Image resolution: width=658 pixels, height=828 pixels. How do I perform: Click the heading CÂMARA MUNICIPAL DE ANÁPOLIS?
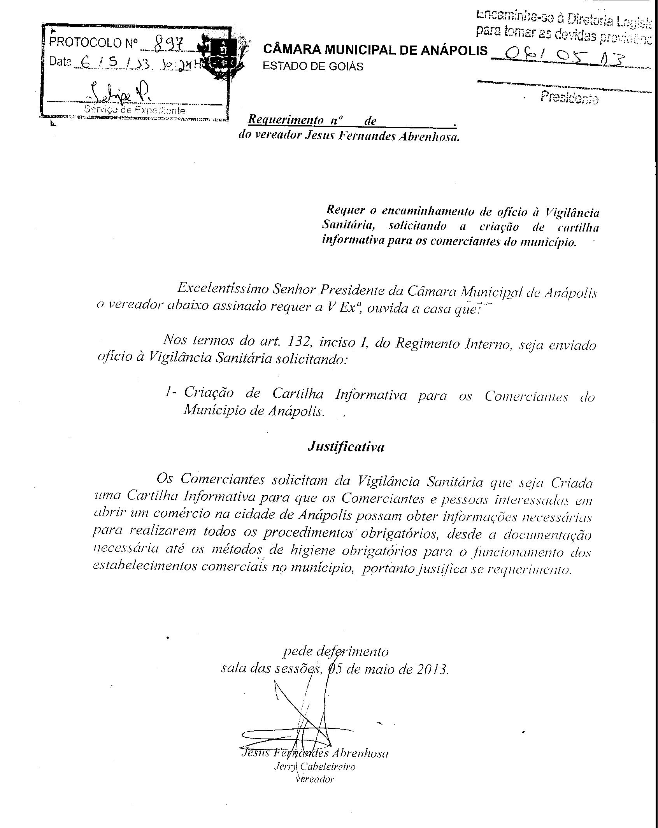(x=375, y=50)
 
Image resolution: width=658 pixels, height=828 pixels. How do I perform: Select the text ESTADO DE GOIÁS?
(x=313, y=67)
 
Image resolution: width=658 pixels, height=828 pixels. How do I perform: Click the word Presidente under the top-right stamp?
(x=569, y=98)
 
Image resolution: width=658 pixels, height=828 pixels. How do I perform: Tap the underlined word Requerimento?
(x=286, y=120)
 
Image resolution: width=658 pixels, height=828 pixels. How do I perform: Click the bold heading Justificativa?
(x=346, y=446)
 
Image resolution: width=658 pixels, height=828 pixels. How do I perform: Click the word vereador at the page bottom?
(x=315, y=779)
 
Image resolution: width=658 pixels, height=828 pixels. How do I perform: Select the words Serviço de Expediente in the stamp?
(x=135, y=110)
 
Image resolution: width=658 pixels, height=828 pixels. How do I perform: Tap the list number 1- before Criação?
(x=170, y=393)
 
